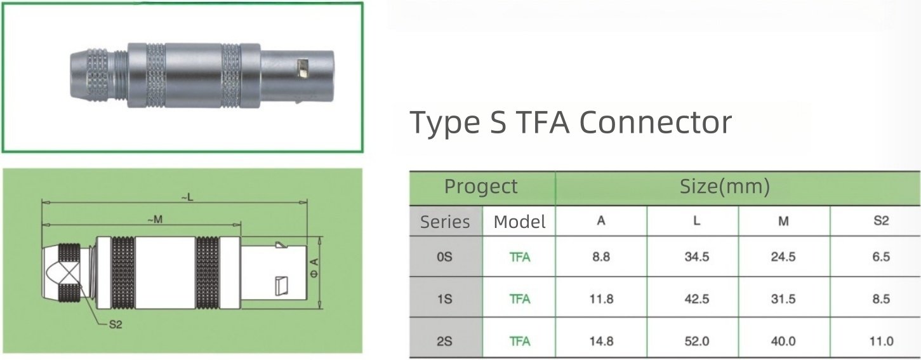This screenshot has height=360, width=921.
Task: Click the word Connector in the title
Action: [656, 122]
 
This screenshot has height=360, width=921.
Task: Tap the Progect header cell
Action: [480, 187]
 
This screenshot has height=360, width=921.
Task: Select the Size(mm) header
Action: [724, 187]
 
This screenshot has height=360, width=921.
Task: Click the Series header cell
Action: [445, 222]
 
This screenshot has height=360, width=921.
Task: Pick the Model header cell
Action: [519, 222]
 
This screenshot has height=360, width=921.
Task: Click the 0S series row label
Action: [444, 257]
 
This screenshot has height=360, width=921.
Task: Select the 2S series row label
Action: [444, 341]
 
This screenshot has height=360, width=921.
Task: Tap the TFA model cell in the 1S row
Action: [520, 298]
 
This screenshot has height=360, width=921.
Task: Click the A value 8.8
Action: [601, 257]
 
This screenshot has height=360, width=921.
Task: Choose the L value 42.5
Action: [697, 298]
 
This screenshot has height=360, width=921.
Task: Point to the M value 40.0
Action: [783, 341]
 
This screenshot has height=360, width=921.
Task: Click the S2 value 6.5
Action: [881, 257]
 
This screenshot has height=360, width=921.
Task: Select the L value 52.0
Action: [697, 341]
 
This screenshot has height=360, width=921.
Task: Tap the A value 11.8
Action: [602, 298]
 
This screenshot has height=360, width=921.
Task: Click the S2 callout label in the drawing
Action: [116, 324]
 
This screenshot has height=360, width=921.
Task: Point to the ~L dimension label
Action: [187, 197]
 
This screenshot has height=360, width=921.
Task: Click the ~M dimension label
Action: [155, 220]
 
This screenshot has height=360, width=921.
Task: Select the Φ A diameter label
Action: [315, 267]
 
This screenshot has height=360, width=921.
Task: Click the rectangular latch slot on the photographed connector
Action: [303, 69]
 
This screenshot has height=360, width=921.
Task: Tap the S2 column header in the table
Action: [881, 221]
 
